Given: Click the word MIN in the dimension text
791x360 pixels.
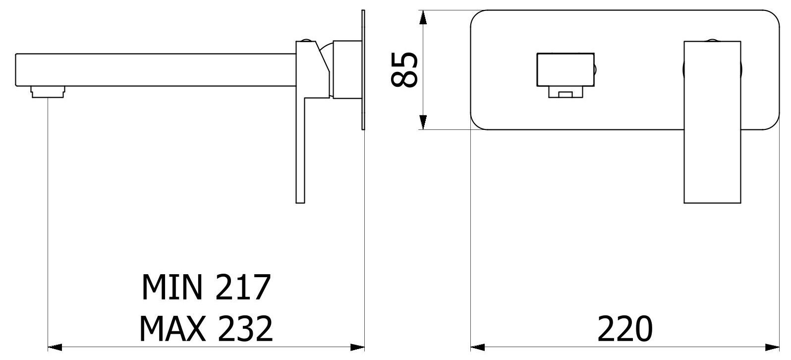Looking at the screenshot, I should coord(171,288).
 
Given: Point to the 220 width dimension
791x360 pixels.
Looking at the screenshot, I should coord(625,328).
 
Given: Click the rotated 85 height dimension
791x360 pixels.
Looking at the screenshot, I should coord(404,69).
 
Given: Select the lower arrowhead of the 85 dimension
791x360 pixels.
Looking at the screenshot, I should coord(423,122).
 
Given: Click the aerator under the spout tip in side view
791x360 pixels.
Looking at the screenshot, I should coord(48,92).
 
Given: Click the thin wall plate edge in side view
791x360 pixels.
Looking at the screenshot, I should coord(363,69).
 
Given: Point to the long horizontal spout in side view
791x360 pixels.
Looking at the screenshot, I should coord(149,69).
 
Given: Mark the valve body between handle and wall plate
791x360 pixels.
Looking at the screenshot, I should coord(345,69).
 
